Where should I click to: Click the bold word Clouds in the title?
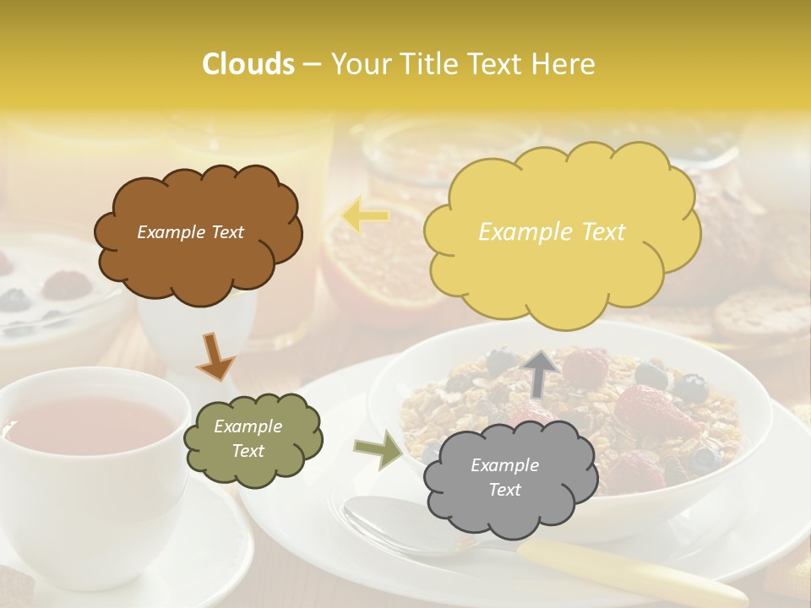248,64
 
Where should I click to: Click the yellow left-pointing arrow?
366,216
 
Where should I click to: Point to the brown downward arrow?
215,356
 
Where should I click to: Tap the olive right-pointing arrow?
378,451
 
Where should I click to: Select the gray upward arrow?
541,373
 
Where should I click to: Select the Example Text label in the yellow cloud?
552,232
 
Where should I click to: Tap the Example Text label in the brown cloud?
190,232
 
